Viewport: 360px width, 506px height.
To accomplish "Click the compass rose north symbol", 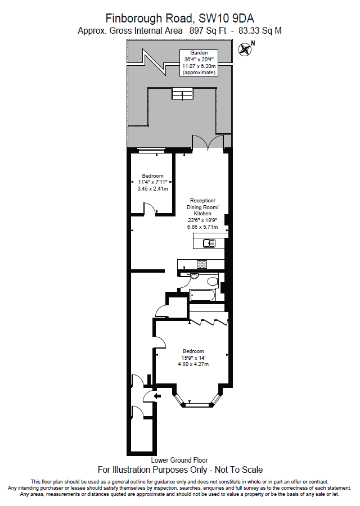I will [246, 49].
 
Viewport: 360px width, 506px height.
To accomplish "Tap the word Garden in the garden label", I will [199, 53].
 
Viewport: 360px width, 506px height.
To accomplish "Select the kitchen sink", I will [209, 243].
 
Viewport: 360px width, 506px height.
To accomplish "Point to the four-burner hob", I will [201, 264].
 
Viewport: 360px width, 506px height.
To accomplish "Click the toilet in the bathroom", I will [212, 281].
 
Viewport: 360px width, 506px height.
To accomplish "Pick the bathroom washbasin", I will [193, 276].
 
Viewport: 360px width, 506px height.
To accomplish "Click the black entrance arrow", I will [148, 396].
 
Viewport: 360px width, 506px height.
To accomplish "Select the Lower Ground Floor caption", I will [179, 460].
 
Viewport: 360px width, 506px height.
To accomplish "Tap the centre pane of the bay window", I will [197, 404].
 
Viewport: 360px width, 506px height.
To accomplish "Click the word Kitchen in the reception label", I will [202, 214].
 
